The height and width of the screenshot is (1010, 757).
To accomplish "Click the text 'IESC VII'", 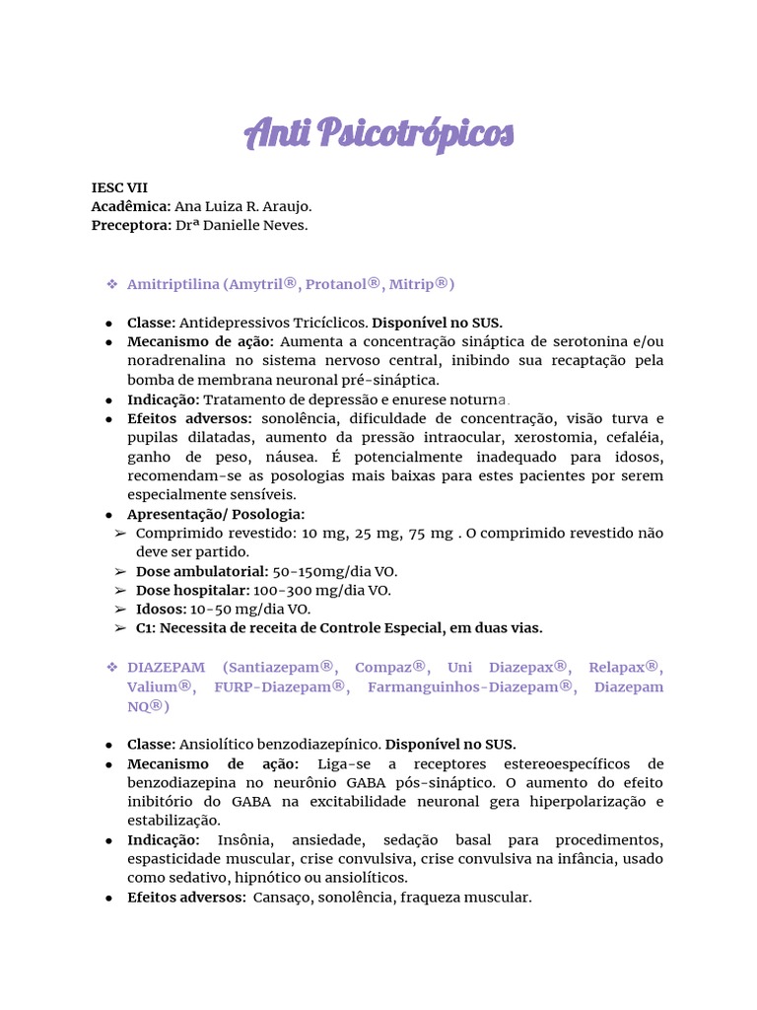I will coord(119,187).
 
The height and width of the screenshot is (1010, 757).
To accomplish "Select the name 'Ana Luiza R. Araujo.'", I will coord(242,206).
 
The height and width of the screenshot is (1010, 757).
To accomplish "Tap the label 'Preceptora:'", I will coord(131,225).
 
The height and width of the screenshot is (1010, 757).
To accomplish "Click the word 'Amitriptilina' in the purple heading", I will coord(172,284).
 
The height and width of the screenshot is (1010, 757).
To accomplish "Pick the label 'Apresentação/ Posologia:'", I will coord(216,514).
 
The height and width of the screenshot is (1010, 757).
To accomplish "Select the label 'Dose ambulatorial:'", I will coord(202,571).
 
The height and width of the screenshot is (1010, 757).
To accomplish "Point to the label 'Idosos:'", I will coord(162,609).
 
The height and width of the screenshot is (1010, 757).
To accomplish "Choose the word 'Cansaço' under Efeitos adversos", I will coord(282,898).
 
